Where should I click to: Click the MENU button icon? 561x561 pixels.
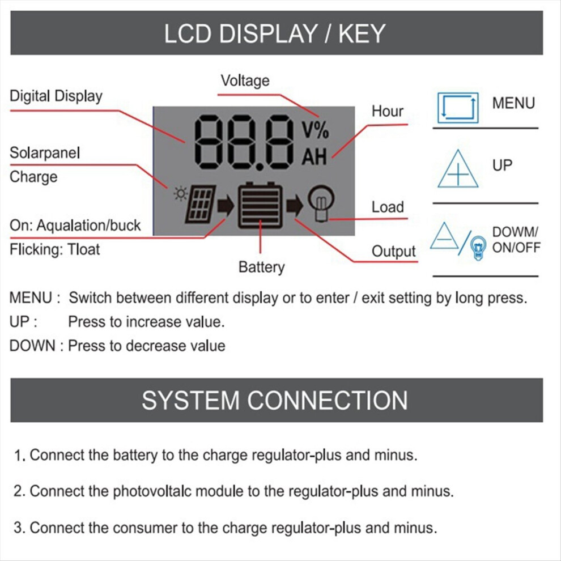pos(458,108)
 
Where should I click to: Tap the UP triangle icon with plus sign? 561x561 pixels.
pos(458,169)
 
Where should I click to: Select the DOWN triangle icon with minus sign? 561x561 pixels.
pos(444,236)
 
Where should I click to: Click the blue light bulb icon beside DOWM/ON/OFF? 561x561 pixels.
pos(478,248)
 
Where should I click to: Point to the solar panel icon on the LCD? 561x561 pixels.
pos(201,204)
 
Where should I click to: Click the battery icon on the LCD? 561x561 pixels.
pos(260,205)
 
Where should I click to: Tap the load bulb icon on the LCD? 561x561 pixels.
pos(321,203)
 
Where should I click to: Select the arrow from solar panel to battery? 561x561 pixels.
pos(226,206)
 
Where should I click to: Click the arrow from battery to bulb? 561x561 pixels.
pos(294,205)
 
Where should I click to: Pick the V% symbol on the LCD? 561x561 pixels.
pos(315,130)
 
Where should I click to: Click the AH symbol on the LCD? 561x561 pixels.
pos(314,157)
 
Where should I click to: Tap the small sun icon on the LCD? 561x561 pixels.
pos(180,194)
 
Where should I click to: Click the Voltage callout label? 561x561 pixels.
pos(245,80)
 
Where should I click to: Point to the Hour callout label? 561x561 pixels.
pos(388,111)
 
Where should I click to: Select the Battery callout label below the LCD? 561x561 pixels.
pos(262,267)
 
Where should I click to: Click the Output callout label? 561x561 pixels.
pos(394,252)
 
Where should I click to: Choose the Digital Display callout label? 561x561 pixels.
pos(56,96)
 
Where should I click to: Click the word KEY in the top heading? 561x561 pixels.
pos(362,33)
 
